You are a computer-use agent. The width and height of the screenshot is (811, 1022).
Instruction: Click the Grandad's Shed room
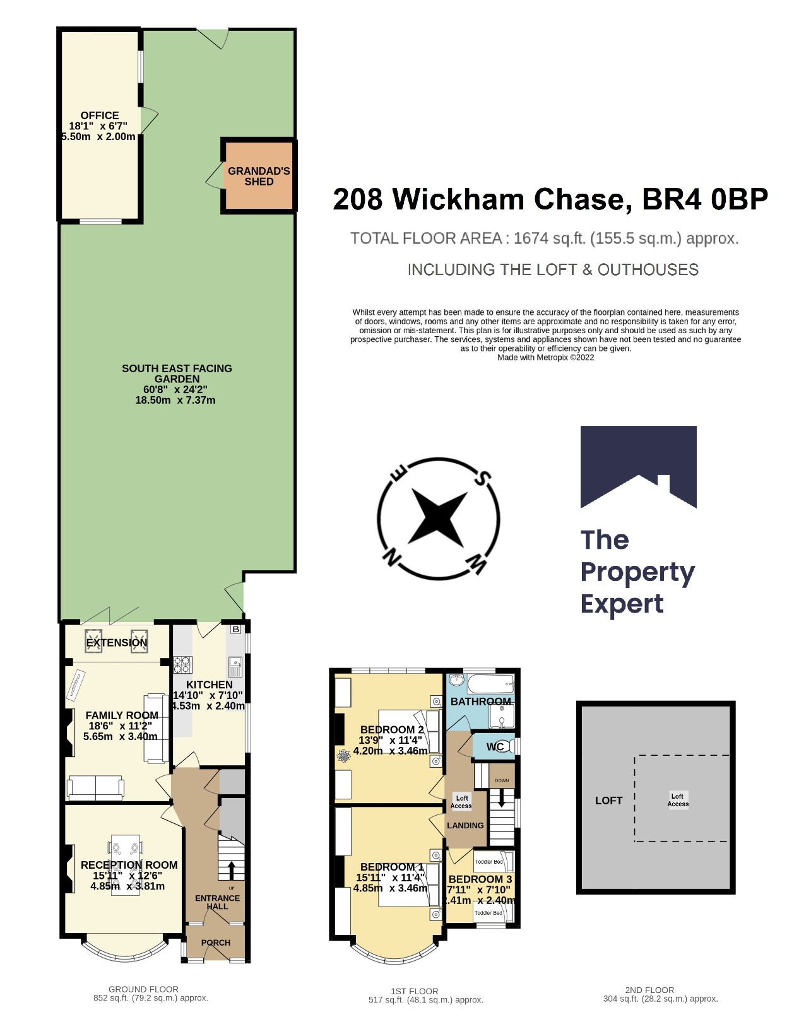[x=259, y=176]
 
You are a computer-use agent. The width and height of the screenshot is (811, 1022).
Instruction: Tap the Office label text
[x=100, y=115]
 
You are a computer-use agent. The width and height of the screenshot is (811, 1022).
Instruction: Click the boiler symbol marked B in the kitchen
[x=236, y=629]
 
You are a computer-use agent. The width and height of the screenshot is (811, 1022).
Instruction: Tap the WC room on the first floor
[x=495, y=747]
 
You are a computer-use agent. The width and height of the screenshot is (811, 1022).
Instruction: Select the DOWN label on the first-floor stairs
[x=502, y=780]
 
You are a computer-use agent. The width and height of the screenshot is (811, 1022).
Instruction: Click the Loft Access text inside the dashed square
[x=678, y=800]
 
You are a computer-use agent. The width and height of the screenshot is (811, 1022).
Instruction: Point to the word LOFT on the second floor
[x=608, y=800]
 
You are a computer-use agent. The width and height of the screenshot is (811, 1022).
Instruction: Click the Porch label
[x=216, y=943]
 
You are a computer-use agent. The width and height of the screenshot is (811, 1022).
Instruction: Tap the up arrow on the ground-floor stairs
[x=231, y=870]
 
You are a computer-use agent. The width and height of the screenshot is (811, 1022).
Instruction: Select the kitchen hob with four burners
[x=182, y=664]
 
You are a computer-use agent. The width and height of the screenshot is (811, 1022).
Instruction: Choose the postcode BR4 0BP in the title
[x=704, y=199]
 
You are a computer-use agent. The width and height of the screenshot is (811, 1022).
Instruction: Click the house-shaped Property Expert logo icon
[x=638, y=467]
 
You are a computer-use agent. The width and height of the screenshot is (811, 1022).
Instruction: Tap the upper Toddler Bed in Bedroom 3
[x=490, y=862]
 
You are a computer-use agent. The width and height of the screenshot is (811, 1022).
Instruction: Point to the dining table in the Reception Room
[x=126, y=865]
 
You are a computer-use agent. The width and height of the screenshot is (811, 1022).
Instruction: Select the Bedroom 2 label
[x=391, y=729]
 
